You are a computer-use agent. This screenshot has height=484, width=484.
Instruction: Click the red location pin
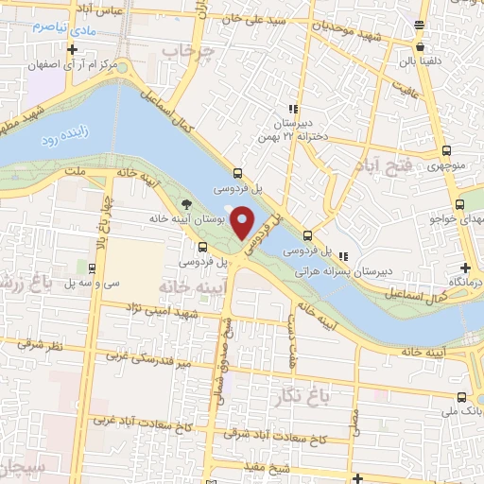[x=243, y=222]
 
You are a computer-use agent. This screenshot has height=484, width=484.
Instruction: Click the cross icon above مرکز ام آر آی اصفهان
[x=72, y=47]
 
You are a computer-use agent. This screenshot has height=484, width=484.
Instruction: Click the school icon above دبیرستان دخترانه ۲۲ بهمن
[x=296, y=108]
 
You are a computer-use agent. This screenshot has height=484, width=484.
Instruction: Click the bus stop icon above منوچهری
[x=445, y=149]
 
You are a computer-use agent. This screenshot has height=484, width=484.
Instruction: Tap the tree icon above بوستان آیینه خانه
[x=186, y=202]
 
